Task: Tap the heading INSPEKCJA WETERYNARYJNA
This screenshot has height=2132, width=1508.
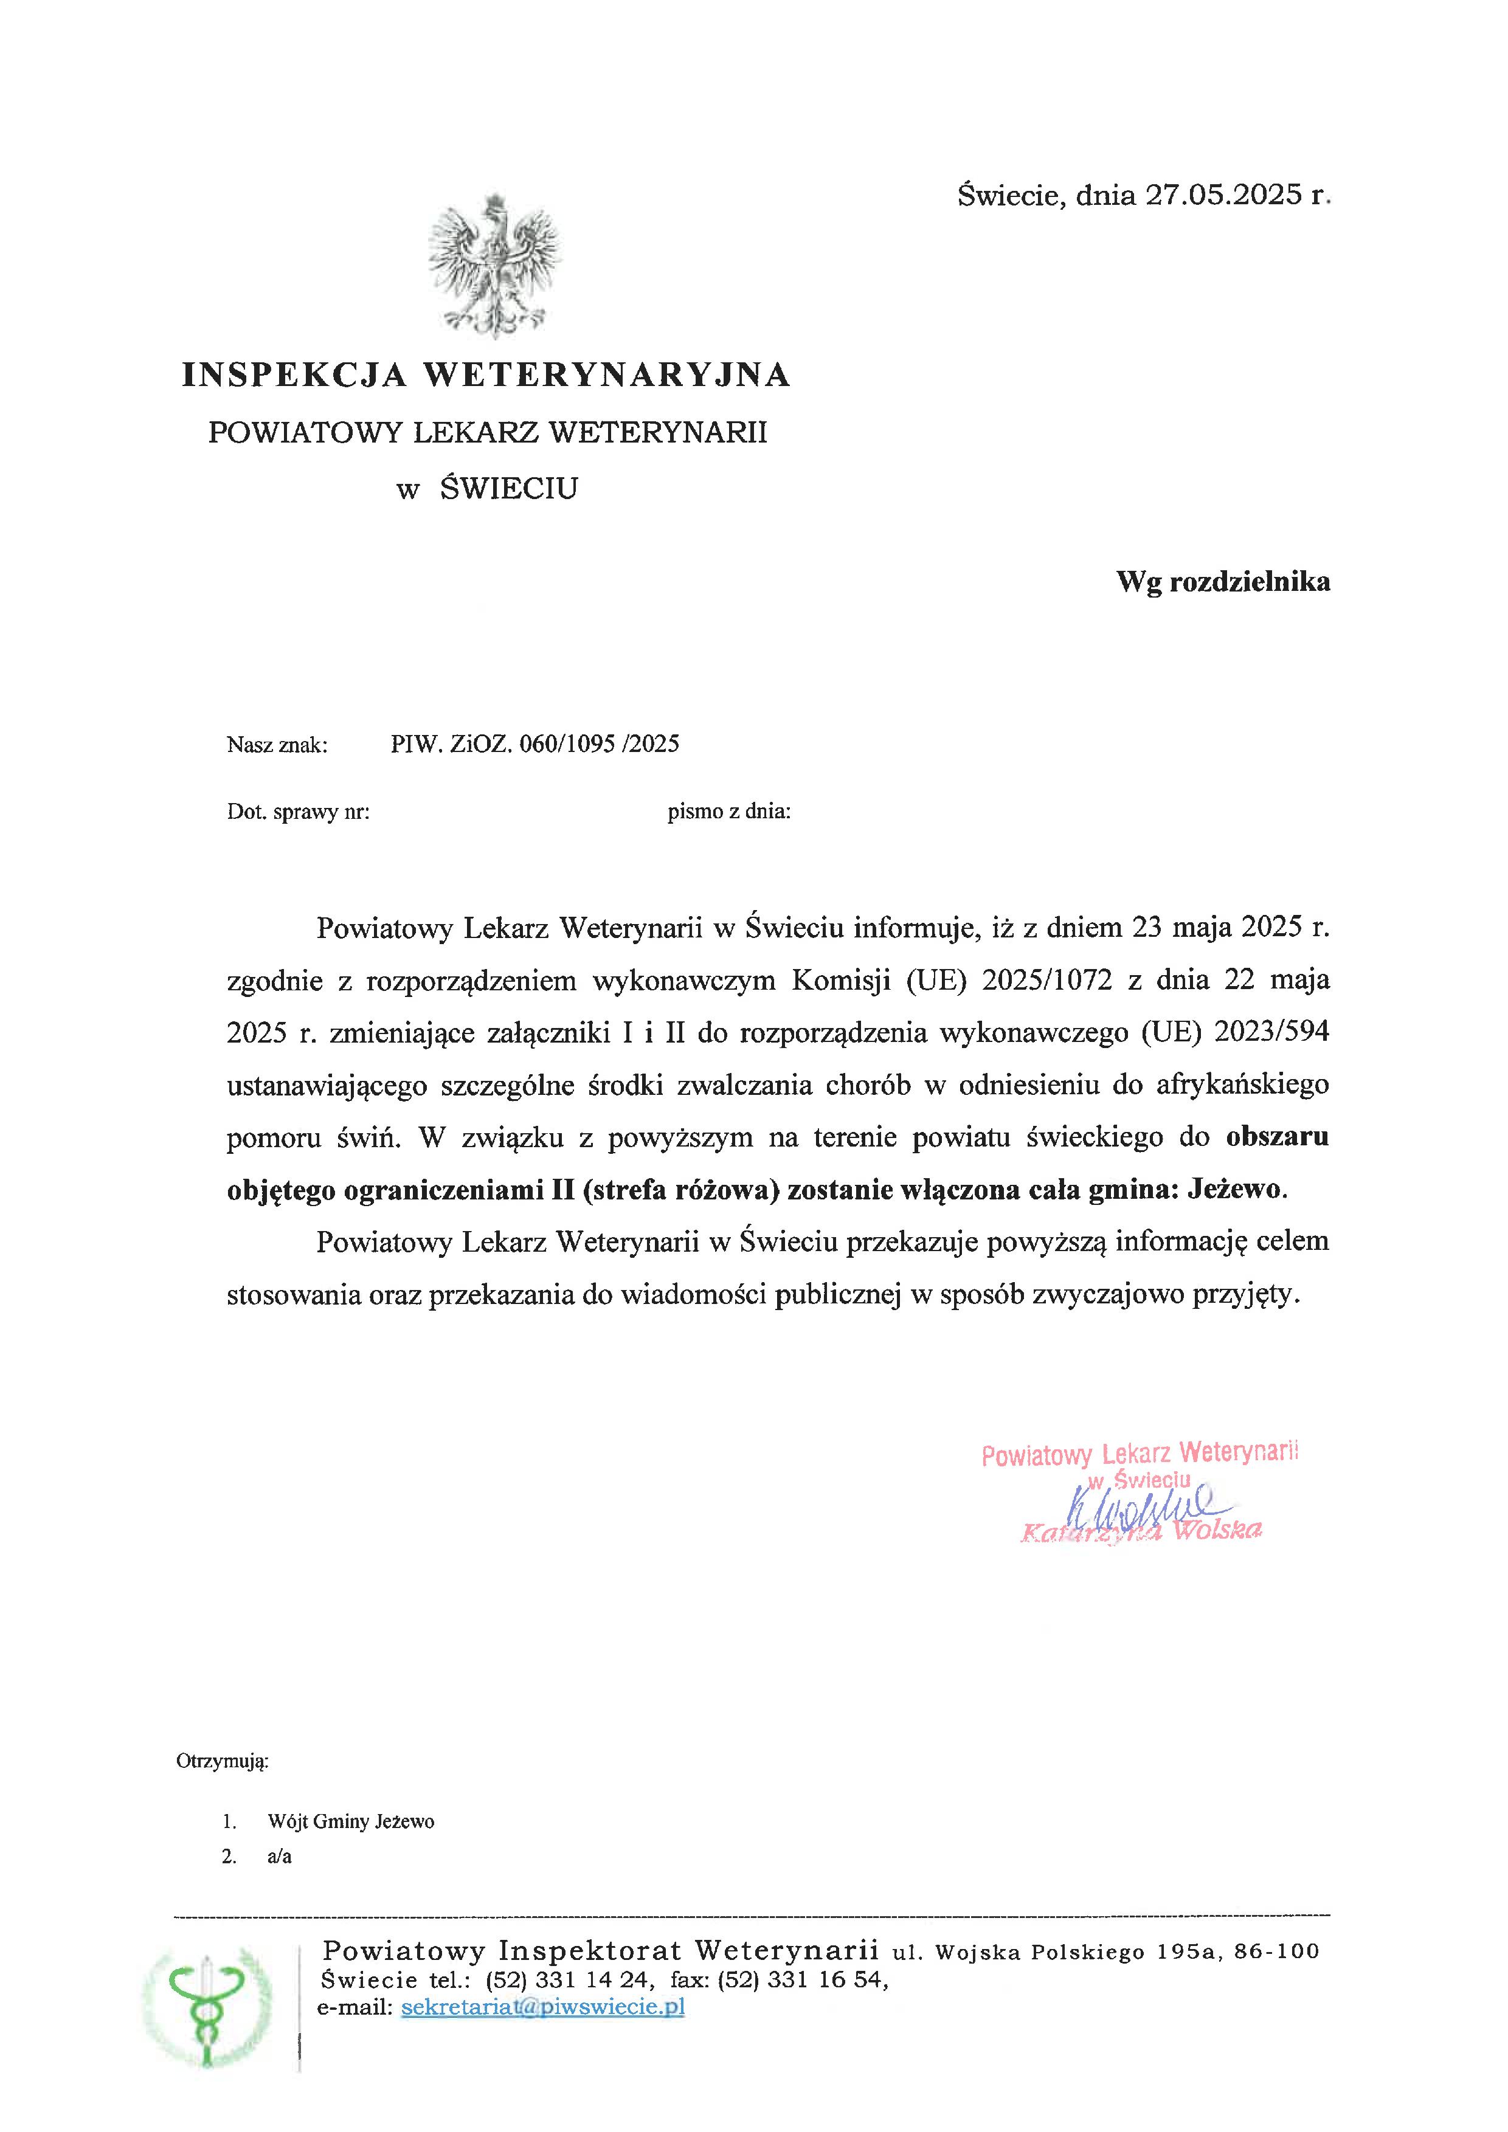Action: [486, 374]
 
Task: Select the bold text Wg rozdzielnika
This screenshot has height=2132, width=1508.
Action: [1222, 582]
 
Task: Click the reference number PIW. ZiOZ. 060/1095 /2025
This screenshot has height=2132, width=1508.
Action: [535, 743]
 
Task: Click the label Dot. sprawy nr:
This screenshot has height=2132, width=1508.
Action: [298, 813]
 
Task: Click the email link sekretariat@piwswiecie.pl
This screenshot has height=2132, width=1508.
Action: [543, 2007]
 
